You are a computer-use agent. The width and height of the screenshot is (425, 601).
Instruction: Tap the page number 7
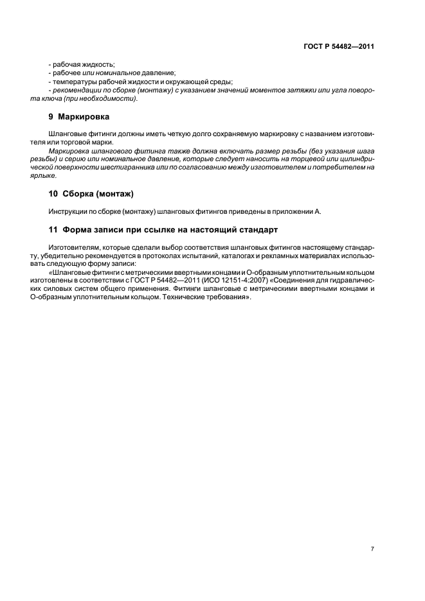coord(372,549)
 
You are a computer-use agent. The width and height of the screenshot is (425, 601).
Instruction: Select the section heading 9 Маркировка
coord(80,117)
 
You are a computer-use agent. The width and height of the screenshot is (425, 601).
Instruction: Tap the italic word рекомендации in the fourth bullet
coord(77,90)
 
